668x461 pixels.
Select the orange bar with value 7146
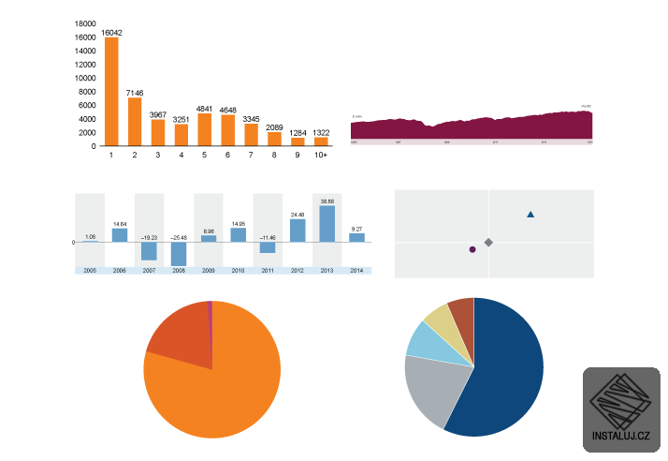tap(135, 122)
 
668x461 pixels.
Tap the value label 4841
tap(204, 108)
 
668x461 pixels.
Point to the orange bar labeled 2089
tap(274, 139)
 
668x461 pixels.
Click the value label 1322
tap(321, 132)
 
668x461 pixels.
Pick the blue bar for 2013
tap(327, 224)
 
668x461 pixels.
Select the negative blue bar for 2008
tap(179, 254)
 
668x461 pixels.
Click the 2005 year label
tap(89, 270)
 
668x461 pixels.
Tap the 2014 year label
tap(356, 270)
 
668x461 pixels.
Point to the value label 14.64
tap(120, 224)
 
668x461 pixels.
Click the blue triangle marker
tap(530, 215)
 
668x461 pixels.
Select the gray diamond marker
tap(488, 242)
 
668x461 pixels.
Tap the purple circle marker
tap(472, 249)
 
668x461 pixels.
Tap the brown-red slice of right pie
tap(462, 313)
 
